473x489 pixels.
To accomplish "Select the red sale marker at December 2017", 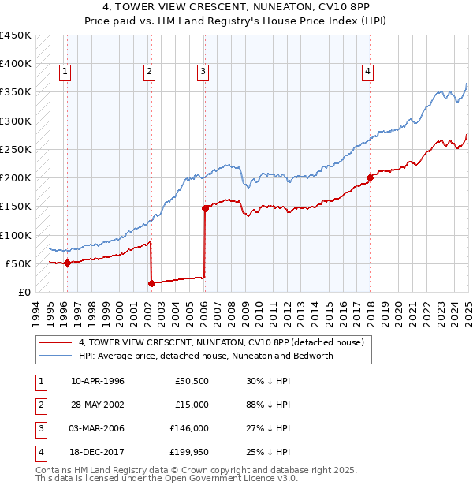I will [370, 177].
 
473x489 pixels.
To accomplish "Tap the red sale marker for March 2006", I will [204, 209].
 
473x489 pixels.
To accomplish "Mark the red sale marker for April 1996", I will [67, 263].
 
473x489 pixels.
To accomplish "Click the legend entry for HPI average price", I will [206, 356].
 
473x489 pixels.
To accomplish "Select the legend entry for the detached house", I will [221, 343].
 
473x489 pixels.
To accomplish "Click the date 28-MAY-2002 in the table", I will [99, 405].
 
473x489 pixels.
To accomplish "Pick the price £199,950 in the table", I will [192, 452].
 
